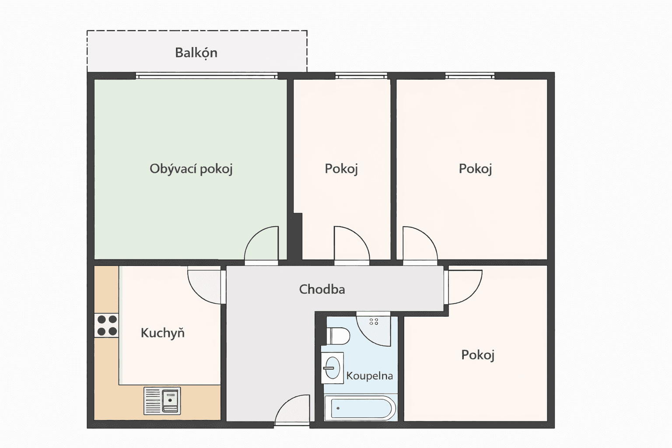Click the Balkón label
coord(196,52)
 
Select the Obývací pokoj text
coord(191,169)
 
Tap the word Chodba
coord(322,289)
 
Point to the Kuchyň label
coord(162,333)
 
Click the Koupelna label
coord(369,376)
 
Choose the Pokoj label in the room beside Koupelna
coord(478,355)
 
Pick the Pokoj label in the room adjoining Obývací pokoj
coord(341,169)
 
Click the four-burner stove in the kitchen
coord(107,325)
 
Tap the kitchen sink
coord(162,401)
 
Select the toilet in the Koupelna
coord(339,336)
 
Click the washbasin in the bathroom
coord(332,367)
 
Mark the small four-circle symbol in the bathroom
coord(374,322)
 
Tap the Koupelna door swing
coord(373,329)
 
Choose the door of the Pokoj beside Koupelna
coord(464,287)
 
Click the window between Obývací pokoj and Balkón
coord(206,76)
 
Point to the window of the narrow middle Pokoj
coord(361,76)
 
